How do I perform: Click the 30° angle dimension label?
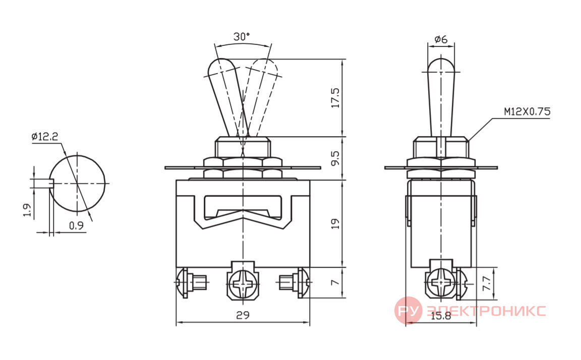coord(242,36)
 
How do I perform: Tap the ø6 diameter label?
coord(441,39)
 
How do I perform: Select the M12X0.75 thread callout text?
coord(527,111)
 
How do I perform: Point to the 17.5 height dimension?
coord(335,98)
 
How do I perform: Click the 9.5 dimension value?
coord(335,158)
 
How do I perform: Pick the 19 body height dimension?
coord(335,223)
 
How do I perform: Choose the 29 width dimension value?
coord(243,315)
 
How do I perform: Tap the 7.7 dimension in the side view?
coord(487,283)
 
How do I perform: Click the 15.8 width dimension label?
coord(441,316)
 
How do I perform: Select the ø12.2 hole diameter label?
coord(45,137)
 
